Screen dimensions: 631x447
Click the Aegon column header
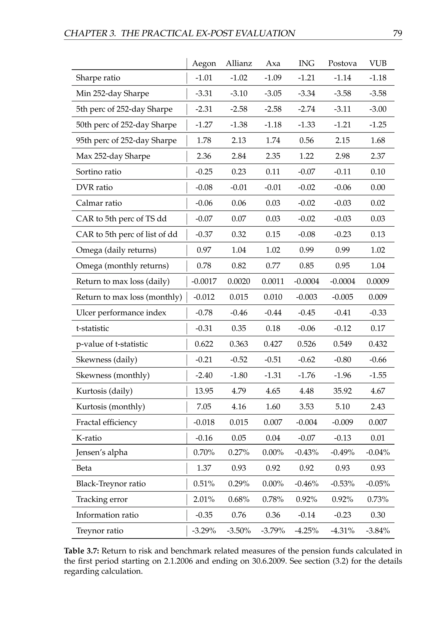[x=204, y=63]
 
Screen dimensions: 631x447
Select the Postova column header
[x=342, y=63]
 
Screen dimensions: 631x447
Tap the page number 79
[x=397, y=33]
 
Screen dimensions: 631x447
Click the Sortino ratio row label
[x=98, y=172]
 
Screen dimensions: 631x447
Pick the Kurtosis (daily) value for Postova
[x=342, y=391]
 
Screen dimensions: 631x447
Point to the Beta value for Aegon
[x=204, y=468]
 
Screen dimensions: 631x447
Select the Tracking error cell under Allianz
[x=239, y=499]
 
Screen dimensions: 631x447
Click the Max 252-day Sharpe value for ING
[x=306, y=156]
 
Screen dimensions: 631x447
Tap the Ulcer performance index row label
[x=121, y=313]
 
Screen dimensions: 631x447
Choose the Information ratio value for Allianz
[x=239, y=515]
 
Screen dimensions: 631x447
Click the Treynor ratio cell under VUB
[x=378, y=531]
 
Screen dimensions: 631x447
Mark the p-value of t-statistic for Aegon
[x=204, y=344]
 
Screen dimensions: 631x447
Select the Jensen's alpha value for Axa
[x=273, y=452]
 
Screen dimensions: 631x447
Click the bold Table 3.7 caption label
[x=82, y=551]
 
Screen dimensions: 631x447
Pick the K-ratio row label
[x=89, y=438]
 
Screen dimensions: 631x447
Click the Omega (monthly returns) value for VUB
[x=378, y=266]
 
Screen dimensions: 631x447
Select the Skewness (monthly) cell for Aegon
[x=204, y=375]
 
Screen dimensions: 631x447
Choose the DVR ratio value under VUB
[x=378, y=187]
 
